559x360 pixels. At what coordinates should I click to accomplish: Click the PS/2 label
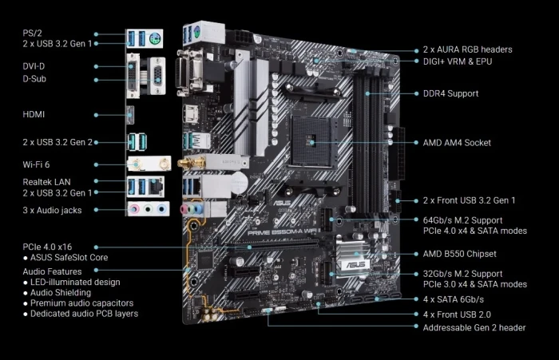point(33,34)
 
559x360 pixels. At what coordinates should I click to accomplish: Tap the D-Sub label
point(34,79)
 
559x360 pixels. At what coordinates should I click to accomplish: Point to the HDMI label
point(34,114)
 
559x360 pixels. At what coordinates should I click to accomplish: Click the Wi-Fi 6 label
point(37,164)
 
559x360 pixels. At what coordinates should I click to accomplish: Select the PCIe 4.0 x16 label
point(48,247)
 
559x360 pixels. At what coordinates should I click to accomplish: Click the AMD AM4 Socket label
point(457,142)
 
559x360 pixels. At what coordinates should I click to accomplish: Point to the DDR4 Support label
point(450,93)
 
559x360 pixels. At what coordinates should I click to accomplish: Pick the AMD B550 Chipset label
point(459,254)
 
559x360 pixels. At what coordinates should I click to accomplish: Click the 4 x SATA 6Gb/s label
point(454,299)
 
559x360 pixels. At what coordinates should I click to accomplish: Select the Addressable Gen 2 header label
point(474,327)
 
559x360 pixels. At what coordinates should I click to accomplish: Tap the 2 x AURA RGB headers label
point(467,49)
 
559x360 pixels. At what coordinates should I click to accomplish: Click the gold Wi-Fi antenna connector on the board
point(191,164)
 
